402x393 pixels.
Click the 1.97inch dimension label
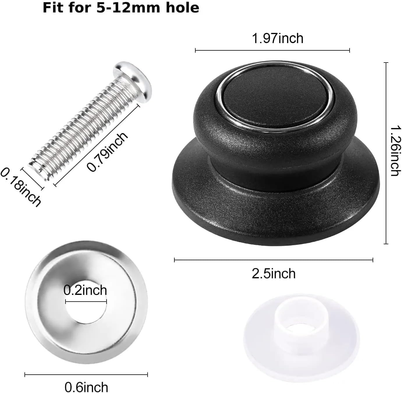pyautogui.click(x=277, y=39)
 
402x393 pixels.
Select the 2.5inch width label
pyautogui.click(x=274, y=274)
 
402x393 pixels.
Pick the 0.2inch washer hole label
pyautogui.click(x=85, y=290)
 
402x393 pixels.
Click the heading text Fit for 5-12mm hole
pyautogui.click(x=121, y=8)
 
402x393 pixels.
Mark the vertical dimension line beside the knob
pyautogui.click(x=386, y=153)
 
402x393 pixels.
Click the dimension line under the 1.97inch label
pyautogui.click(x=272, y=51)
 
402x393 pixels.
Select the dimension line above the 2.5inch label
pyautogui.click(x=274, y=260)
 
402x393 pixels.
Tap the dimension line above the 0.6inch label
pyautogui.click(x=86, y=375)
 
